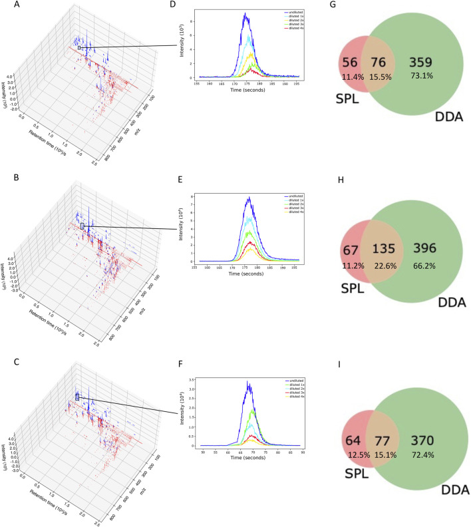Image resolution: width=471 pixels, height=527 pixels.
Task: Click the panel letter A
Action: click(x=6, y=5)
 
